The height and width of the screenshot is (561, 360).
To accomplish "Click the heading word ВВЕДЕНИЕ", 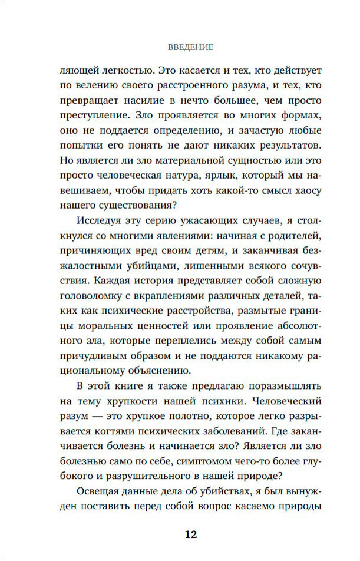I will point(190,47).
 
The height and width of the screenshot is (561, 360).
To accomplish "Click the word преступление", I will point(90,115).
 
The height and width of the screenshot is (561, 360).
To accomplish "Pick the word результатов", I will point(286,146).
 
